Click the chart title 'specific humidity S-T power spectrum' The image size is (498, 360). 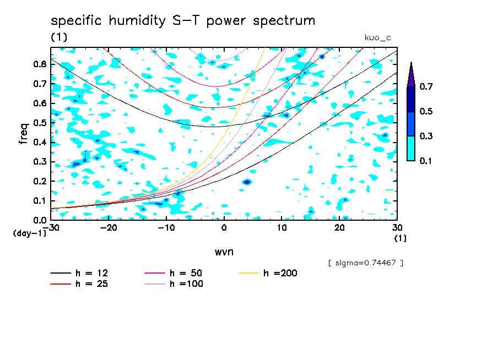tap(183, 21)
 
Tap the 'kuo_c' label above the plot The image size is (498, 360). tap(378, 37)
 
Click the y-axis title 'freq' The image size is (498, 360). tap(24, 133)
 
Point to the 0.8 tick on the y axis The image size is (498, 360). tap(40, 64)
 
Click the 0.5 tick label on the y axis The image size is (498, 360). tap(40, 123)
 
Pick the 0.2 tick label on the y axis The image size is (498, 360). tap(40, 181)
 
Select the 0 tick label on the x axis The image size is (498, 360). tap(224, 227)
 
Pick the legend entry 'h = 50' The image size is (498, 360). tap(184, 273)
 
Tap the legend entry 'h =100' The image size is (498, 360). tap(184, 284)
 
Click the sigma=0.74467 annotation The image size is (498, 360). tap(366, 263)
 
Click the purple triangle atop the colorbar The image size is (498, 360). tap(411, 75)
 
